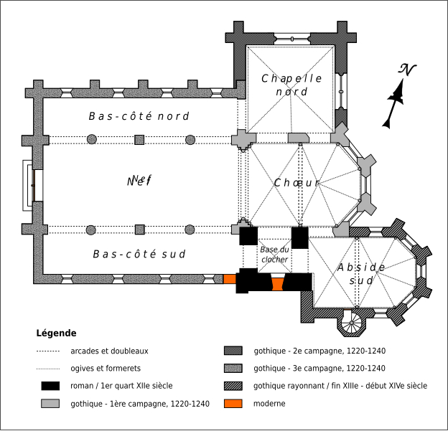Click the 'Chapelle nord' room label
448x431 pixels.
[291, 85]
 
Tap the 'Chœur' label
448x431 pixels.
[297, 183]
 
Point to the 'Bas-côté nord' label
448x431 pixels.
[139, 116]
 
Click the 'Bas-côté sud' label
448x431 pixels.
[139, 254]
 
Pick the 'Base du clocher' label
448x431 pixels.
[274, 255]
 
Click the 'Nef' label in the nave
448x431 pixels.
[139, 181]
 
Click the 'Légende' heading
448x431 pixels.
[56, 333]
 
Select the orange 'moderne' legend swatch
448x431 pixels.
[234, 404]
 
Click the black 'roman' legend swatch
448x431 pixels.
[50, 387]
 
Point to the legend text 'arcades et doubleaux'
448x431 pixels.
[109, 351]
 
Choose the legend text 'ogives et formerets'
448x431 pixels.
[105, 369]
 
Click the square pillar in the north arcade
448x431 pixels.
[139, 139]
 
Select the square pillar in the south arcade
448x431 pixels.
[139, 229]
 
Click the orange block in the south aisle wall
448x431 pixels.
[249, 279]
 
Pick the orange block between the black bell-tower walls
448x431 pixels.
[277, 284]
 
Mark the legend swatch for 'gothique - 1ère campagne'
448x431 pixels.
[50, 404]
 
